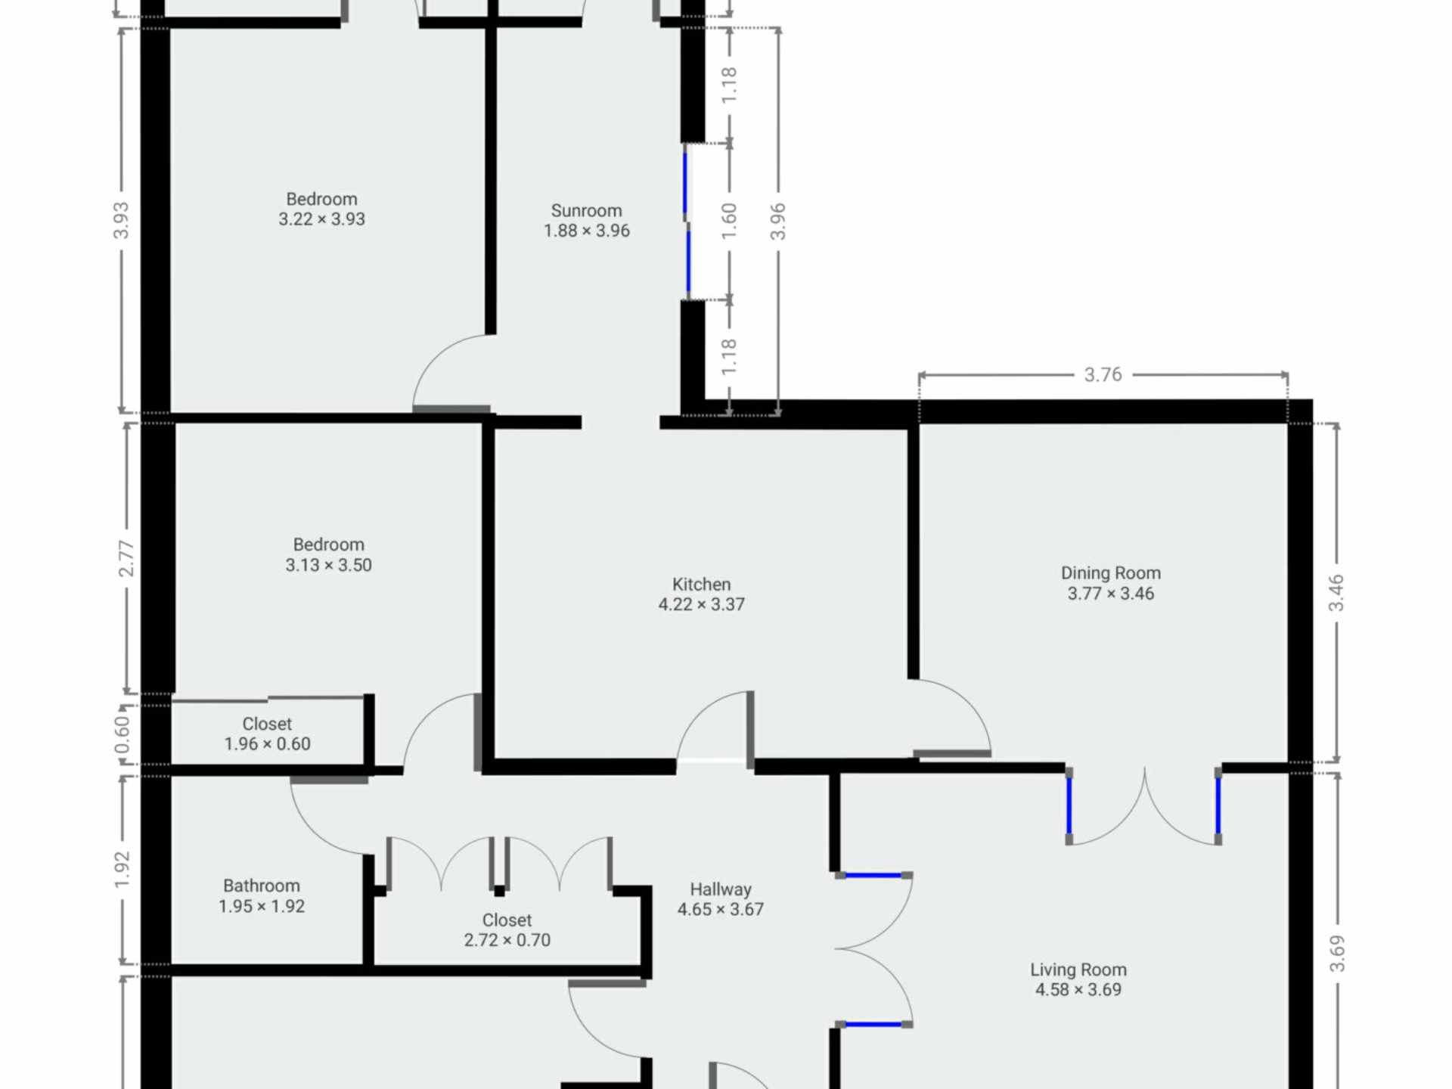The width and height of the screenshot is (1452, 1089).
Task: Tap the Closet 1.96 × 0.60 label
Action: (267, 734)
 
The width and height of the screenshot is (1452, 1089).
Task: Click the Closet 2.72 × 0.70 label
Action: (507, 930)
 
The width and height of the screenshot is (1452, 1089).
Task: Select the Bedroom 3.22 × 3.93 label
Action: (321, 209)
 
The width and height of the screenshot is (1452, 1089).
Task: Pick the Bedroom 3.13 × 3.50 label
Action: (328, 555)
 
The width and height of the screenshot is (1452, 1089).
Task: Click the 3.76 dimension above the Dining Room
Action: (1103, 374)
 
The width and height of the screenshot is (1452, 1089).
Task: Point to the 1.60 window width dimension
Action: (729, 222)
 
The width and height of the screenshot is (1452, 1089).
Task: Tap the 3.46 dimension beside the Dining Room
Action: (1336, 593)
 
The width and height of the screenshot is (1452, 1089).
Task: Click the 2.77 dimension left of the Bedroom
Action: (126, 558)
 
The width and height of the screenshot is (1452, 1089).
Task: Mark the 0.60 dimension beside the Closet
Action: (123, 734)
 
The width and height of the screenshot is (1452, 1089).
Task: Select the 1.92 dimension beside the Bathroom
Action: (123, 870)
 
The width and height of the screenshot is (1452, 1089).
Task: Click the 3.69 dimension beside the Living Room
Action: (1337, 954)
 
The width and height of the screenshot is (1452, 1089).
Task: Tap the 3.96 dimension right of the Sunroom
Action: (778, 222)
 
